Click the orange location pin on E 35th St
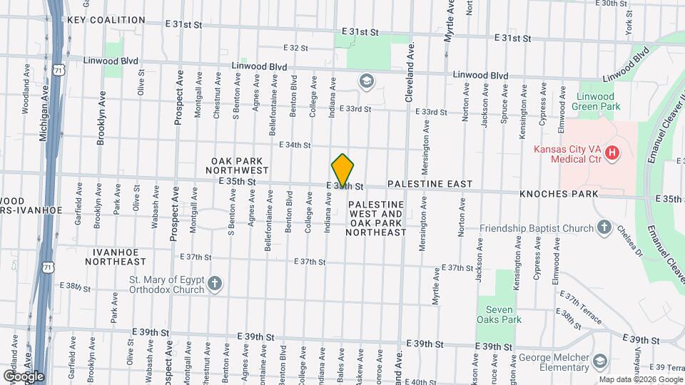343,171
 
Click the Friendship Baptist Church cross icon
604,228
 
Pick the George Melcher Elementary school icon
598,361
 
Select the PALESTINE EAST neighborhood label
430,184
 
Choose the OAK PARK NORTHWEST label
237,166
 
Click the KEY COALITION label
106,20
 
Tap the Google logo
23,376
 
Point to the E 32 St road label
295,48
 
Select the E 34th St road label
295,145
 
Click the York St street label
629,28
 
